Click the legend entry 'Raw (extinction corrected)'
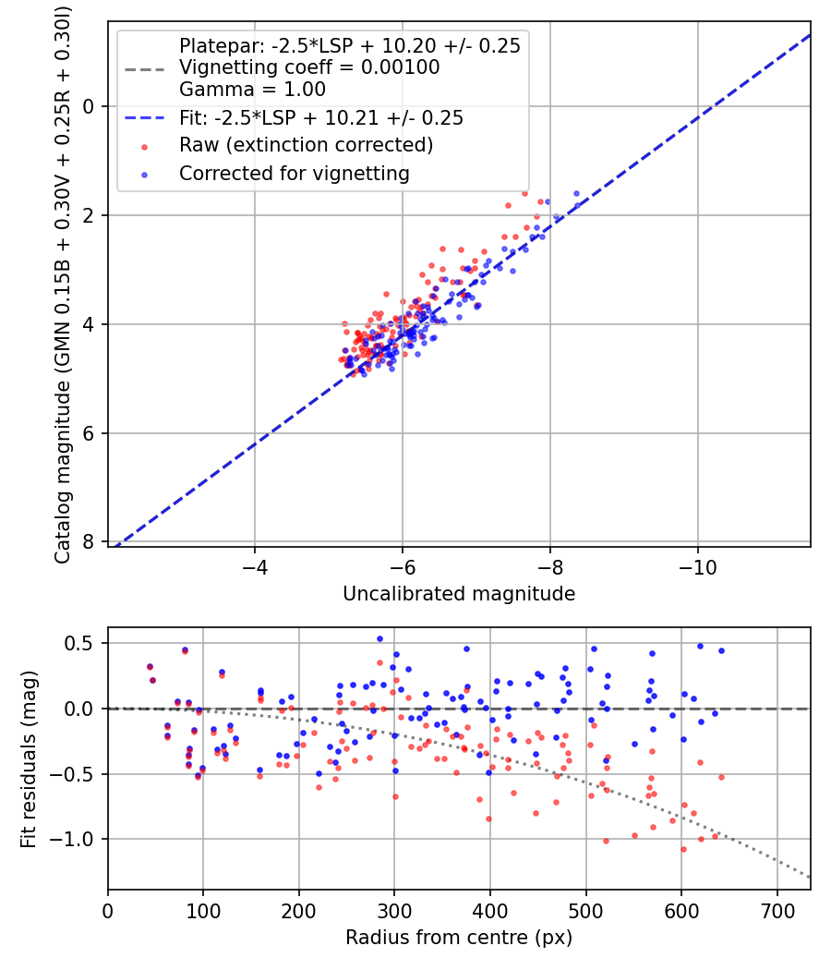click(x=306, y=146)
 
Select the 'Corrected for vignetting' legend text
click(x=295, y=173)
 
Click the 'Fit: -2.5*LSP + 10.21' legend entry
click(x=321, y=118)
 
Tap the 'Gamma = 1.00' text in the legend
click(x=252, y=91)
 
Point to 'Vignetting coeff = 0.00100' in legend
click(x=309, y=67)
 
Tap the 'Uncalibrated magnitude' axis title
click(x=459, y=594)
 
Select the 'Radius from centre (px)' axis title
click(x=459, y=938)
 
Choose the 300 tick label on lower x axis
click(x=394, y=910)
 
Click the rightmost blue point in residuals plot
click(x=721, y=650)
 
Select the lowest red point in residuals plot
click(x=683, y=849)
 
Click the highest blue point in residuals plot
click(x=379, y=638)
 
